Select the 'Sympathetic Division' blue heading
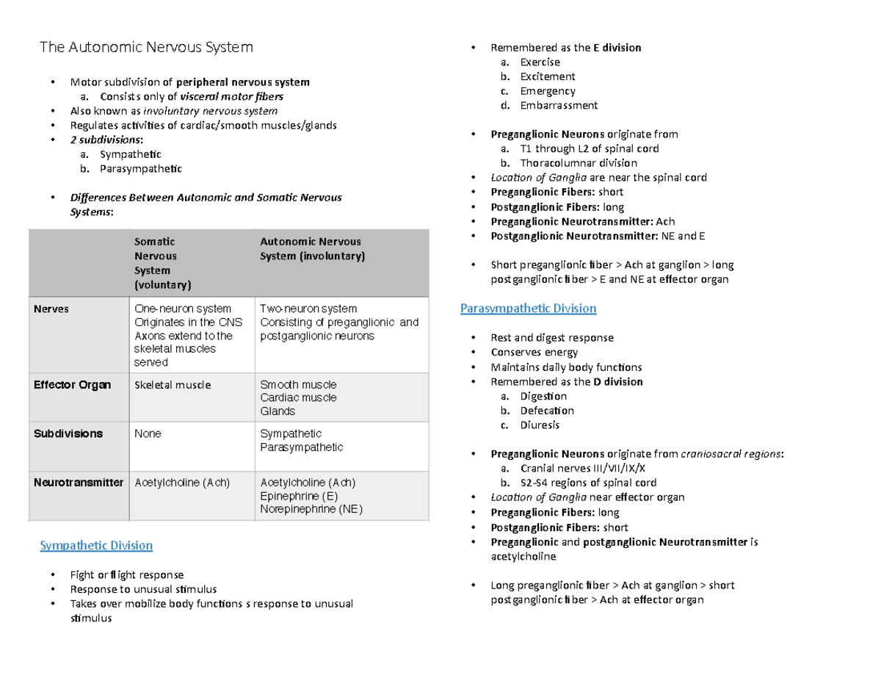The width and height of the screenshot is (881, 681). (95, 546)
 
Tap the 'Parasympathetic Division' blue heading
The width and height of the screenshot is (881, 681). (528, 309)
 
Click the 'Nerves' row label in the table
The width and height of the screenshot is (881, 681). (51, 309)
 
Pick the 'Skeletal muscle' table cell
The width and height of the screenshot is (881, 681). (172, 385)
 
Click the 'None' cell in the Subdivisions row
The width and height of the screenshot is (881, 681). (148, 434)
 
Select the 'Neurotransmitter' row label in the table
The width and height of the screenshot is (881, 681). (78, 483)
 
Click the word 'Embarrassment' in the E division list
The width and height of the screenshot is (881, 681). (559, 106)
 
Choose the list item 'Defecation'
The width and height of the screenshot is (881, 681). (547, 411)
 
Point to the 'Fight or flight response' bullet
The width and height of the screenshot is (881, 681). (126, 574)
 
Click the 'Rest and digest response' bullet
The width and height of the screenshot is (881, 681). (552, 338)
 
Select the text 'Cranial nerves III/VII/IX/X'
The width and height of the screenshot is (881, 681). (583, 469)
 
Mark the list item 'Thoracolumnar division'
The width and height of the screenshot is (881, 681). (579, 163)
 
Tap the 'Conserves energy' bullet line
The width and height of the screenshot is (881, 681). (534, 353)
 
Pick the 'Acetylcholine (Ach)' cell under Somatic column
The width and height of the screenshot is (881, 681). (182, 483)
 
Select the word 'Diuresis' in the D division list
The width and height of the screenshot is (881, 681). (540, 425)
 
